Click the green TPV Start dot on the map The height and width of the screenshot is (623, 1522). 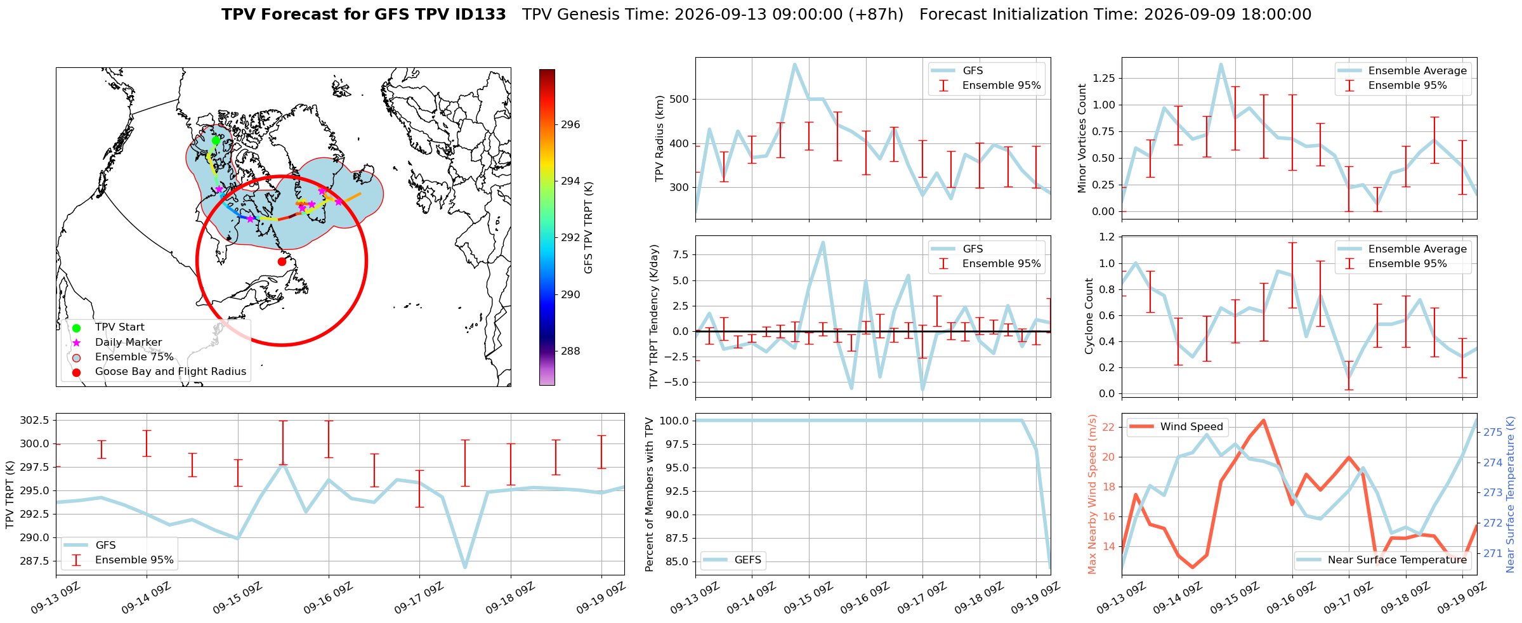[x=216, y=140]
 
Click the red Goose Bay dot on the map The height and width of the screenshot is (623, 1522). [x=282, y=261]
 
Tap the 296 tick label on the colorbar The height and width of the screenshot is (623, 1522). [x=570, y=124]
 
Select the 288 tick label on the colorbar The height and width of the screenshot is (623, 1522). [x=570, y=351]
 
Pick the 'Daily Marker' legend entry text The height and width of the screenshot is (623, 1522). [x=128, y=343]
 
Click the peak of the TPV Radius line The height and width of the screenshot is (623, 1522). [x=794, y=64]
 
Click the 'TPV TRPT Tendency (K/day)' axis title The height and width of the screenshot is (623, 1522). [x=654, y=317]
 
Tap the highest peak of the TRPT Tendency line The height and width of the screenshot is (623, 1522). [x=823, y=242]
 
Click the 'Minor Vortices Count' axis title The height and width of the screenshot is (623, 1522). [x=1082, y=138]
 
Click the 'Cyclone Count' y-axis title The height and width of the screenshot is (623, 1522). [x=1089, y=316]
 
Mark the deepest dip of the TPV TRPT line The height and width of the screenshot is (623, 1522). [x=465, y=567]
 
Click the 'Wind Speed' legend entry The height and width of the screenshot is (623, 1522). [x=1178, y=427]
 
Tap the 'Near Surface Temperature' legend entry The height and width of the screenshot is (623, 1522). [x=1381, y=560]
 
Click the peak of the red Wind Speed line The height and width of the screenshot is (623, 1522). [x=1263, y=420]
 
